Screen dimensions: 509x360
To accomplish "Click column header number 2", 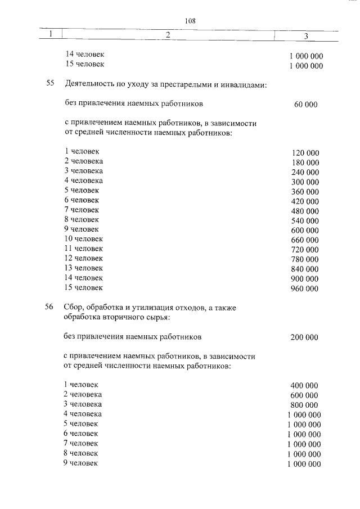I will (168, 35).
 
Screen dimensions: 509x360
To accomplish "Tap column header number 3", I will (306, 37).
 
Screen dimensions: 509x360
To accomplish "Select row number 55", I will (49, 84).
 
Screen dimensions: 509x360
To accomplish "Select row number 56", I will (49, 307).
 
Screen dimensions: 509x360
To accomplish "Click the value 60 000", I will (305, 105).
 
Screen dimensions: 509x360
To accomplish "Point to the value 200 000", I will (304, 337).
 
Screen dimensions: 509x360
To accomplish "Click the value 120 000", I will (305, 153).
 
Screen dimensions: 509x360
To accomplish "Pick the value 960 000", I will (305, 289).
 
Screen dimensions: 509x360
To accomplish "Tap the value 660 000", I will (305, 240).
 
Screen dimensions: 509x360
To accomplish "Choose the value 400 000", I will (304, 386).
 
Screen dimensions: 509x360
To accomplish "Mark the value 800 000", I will (304, 405).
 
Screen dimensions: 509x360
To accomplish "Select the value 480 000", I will (305, 211).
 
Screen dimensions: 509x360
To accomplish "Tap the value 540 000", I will (305, 220).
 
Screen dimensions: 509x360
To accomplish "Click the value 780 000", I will (305, 259).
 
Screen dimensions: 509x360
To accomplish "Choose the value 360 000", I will (305, 192).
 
